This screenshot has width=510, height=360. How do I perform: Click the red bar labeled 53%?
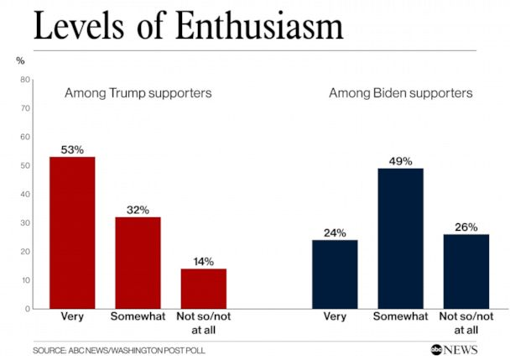click(x=72, y=232)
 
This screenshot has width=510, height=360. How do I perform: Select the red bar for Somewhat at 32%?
click(x=138, y=263)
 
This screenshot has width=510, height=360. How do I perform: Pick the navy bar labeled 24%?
click(x=335, y=274)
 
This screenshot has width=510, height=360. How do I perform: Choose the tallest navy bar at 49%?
click(x=400, y=238)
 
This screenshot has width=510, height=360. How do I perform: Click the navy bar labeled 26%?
click(x=466, y=271)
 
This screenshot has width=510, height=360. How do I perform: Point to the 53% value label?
click(x=72, y=150)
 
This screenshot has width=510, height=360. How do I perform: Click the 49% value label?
click(x=400, y=161)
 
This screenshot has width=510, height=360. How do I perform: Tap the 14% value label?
click(x=204, y=262)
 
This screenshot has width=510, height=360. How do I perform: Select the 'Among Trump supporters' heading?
click(x=138, y=92)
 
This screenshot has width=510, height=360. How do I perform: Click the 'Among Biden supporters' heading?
click(x=400, y=92)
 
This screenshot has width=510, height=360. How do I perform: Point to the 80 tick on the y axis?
click(x=26, y=80)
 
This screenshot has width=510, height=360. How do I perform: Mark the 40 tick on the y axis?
click(x=26, y=194)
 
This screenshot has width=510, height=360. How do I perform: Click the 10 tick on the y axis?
click(x=26, y=280)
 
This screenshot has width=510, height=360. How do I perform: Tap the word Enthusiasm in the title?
click(x=260, y=26)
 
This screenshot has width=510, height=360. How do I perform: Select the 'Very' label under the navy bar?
click(x=335, y=317)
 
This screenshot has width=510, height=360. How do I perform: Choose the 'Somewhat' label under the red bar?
click(x=138, y=317)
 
